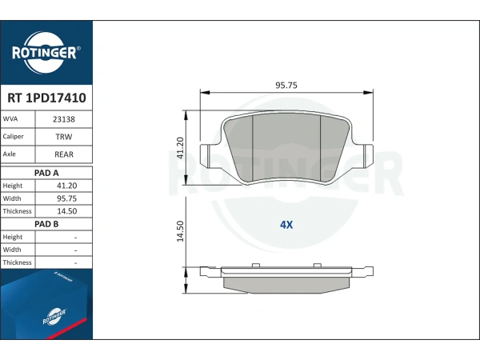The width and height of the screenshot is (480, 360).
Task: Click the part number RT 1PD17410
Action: tap(46, 98)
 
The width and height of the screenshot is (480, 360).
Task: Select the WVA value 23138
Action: tap(64, 119)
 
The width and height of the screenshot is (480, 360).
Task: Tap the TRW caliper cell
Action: tap(64, 137)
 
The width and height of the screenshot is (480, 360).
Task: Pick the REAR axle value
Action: tap(64, 154)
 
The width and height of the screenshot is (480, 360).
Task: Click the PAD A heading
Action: tap(46, 173)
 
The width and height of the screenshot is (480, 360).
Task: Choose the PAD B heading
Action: tap(46, 224)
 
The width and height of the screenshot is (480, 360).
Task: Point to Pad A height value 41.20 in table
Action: tap(66, 186)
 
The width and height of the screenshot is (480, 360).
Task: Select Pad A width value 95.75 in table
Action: tap(66, 198)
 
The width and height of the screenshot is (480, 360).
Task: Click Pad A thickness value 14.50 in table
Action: tap(66, 211)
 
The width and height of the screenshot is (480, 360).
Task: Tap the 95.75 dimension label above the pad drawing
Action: tap(286, 85)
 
